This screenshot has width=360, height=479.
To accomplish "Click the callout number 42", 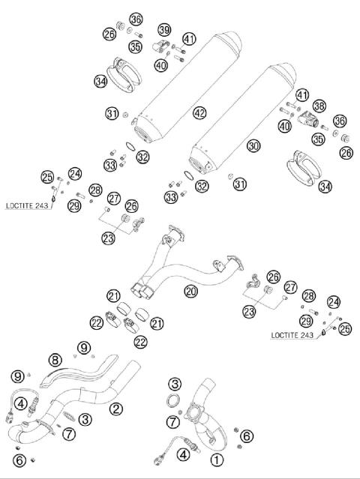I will click(199, 112).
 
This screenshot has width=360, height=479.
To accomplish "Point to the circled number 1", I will click(217, 460).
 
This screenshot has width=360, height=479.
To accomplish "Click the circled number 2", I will click(115, 409).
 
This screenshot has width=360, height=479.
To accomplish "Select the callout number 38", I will click(319, 106).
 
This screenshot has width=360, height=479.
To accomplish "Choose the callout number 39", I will click(164, 29).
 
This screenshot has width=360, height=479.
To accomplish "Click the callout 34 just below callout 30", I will click(324, 186).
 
